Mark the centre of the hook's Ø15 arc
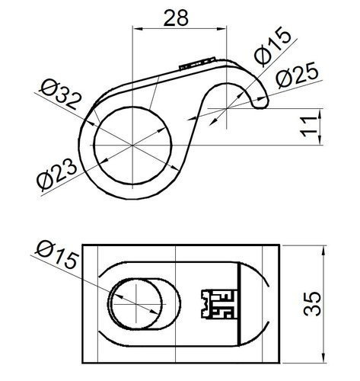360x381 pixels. (226, 110)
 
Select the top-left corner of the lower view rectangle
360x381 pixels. (82, 245)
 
